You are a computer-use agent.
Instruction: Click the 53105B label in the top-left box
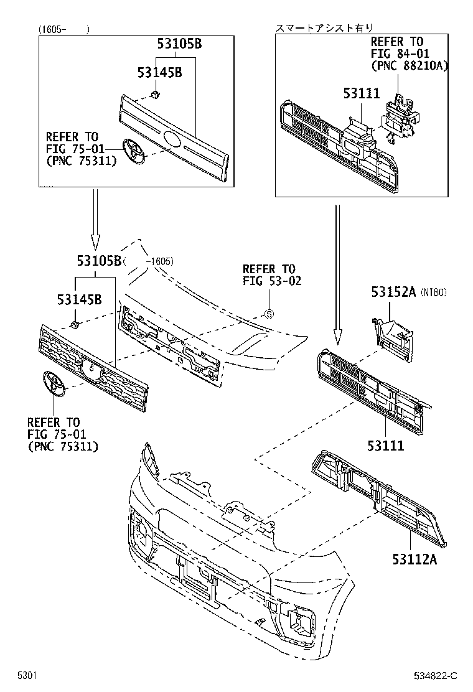tap(179, 45)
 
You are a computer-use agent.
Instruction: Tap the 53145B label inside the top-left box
tap(159, 73)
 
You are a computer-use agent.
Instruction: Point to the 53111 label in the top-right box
tap(360, 93)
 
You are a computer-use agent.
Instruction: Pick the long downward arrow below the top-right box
tap(337, 274)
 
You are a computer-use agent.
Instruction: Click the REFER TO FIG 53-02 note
tap(272, 274)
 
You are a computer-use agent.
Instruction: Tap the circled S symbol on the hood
tap(269, 314)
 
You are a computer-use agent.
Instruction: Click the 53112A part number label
tap(414, 559)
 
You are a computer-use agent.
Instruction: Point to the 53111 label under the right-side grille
tap(385, 445)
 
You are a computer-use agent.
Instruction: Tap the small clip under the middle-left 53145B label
tap(75, 325)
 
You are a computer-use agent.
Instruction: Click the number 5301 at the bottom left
tap(27, 675)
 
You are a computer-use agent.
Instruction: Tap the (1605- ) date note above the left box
tap(62, 29)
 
